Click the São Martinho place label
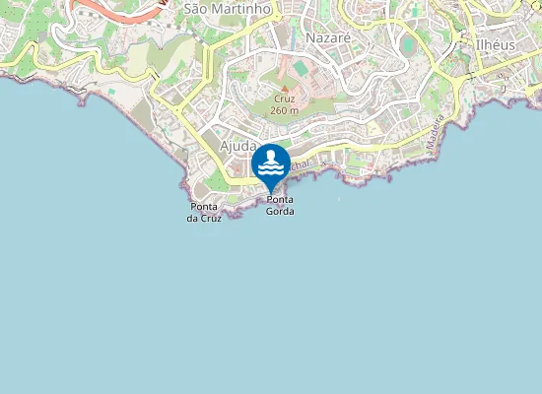click(227, 8)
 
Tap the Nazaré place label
click(328, 36)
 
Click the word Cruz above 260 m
click(284, 99)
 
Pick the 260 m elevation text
click(284, 110)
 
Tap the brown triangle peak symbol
click(284, 89)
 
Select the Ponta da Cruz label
click(204, 212)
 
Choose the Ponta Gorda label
click(280, 206)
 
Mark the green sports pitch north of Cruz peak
click(300, 68)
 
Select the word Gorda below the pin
click(280, 212)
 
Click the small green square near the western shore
click(113, 92)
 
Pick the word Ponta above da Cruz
click(204, 206)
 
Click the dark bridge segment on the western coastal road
click(153, 74)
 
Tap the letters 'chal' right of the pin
click(301, 166)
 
